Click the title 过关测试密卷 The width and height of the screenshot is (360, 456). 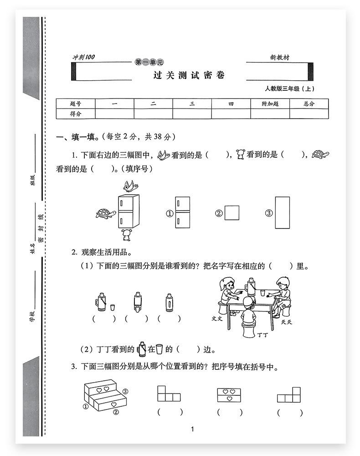pyautogui.click(x=189, y=76)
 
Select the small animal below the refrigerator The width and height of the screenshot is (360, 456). pyautogui.click(x=126, y=235)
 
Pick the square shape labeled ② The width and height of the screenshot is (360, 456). pyautogui.click(x=232, y=213)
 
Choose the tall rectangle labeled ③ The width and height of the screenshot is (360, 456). pyautogui.click(x=283, y=212)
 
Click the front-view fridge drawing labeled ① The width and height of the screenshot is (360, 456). pyautogui.click(x=182, y=212)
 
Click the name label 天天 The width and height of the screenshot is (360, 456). pyautogui.click(x=286, y=322)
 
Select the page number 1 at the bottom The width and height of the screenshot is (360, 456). pyautogui.click(x=192, y=429)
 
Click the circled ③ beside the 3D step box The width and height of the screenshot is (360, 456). pyautogui.click(x=125, y=391)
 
